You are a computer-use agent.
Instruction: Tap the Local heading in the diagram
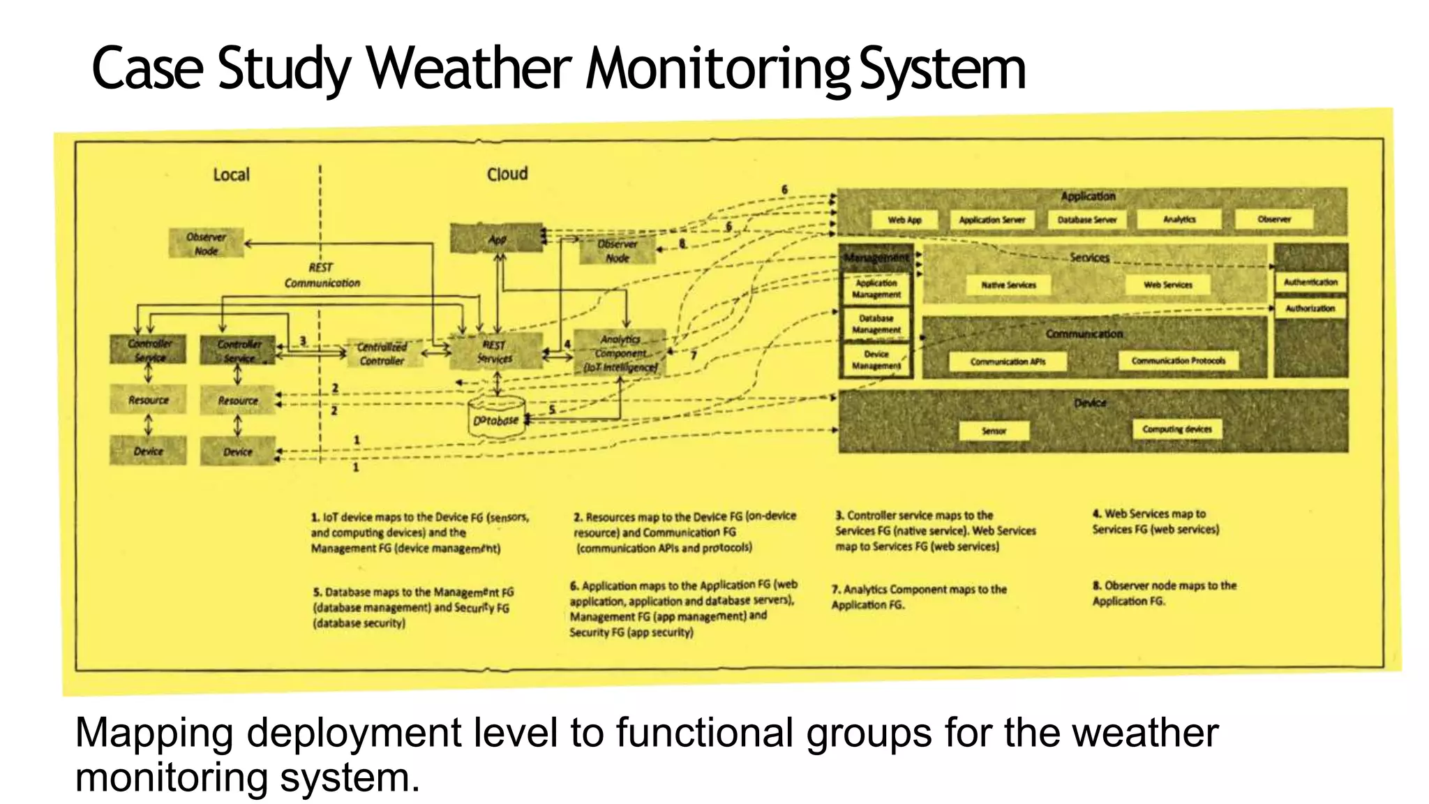pos(231,174)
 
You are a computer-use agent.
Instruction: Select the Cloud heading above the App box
pos(507,174)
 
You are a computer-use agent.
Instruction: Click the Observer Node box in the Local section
pos(206,244)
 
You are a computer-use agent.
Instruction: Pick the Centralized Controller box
pos(382,354)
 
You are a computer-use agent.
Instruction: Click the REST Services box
pos(495,352)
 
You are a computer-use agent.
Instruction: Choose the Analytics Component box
pos(620,353)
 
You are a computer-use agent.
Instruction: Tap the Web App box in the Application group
pos(904,220)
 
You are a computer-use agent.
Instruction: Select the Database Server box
pos(1086,220)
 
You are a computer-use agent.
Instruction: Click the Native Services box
pos(1008,285)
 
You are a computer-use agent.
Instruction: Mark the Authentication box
pos(1310,282)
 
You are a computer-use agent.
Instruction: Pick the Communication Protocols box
pos(1178,361)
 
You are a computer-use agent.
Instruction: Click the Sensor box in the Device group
pos(994,431)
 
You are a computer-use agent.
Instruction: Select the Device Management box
pos(876,360)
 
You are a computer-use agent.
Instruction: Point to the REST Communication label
pos(322,275)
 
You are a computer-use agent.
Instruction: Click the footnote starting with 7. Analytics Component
pos(918,597)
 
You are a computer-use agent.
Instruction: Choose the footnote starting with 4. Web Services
pos(1155,521)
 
